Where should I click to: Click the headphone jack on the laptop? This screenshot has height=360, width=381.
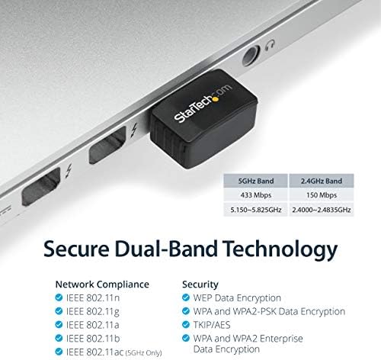tap(251, 56)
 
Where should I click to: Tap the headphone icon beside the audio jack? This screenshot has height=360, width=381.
tap(270, 45)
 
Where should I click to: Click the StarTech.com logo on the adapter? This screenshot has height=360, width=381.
tap(203, 103)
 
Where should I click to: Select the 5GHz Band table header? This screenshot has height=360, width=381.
tap(256, 181)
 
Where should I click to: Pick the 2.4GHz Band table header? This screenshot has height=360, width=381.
tap(322, 181)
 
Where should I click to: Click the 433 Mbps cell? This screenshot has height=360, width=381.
tap(256, 195)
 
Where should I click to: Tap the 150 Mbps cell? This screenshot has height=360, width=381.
tap(322, 195)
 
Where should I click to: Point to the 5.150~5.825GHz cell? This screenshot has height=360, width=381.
tap(256, 210)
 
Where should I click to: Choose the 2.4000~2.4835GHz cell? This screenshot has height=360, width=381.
tap(322, 210)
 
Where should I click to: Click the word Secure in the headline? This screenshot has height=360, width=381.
tap(76, 249)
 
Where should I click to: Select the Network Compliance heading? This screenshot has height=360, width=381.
tap(102, 284)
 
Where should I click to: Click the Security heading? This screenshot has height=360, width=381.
tap(200, 284)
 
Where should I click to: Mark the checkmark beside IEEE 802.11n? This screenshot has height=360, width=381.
tap(59, 297)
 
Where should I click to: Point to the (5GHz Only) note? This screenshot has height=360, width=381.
tap(144, 353)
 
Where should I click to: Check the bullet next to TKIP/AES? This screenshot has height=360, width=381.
tap(186, 324)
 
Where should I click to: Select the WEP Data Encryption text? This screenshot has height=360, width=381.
tap(237, 298)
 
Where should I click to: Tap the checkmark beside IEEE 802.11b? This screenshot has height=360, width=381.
tap(59, 338)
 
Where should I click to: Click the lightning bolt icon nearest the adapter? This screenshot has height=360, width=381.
tap(134, 130)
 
